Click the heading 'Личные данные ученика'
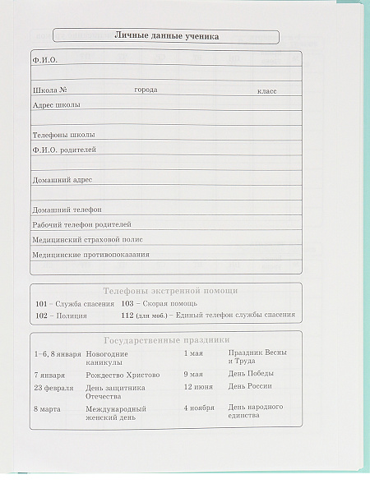pyautogui.click(x=166, y=36)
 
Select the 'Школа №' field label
pyautogui.click(x=49, y=89)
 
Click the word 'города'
pyautogui.click(x=146, y=89)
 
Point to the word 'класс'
pyautogui.click(x=266, y=90)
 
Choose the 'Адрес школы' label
pyautogui.click(x=56, y=104)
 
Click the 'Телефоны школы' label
pyautogui.click(x=63, y=134)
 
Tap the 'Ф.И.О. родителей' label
pyautogui.click(x=64, y=150)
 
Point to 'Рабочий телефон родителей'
pyautogui.click(x=81, y=223)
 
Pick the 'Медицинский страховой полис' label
pyautogui.click(x=87, y=239)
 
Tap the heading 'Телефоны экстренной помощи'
pyautogui.click(x=170, y=291)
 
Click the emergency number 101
pyautogui.click(x=42, y=304)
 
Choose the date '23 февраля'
pyautogui.click(x=53, y=387)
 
